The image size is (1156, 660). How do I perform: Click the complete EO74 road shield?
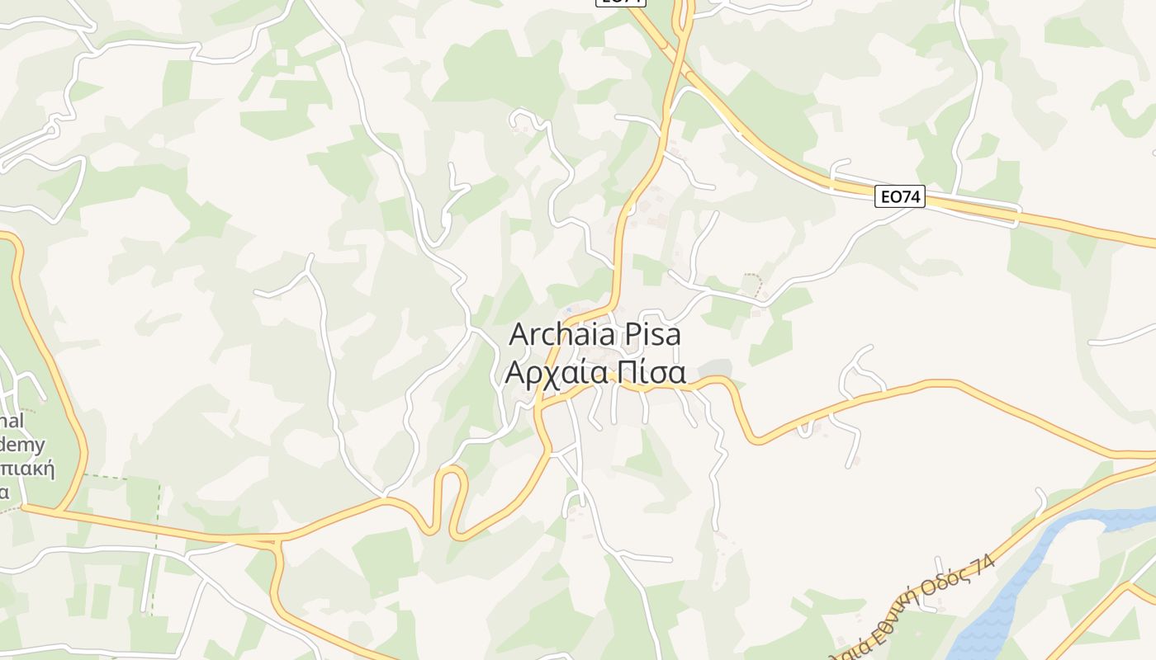point(900,196)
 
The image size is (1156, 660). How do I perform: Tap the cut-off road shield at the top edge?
point(619,2)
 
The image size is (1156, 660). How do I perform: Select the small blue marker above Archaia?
point(568,310)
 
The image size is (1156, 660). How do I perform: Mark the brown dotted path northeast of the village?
point(753,280)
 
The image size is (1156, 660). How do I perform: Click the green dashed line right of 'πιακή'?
point(157,528)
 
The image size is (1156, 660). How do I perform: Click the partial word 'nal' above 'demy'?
point(12,421)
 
